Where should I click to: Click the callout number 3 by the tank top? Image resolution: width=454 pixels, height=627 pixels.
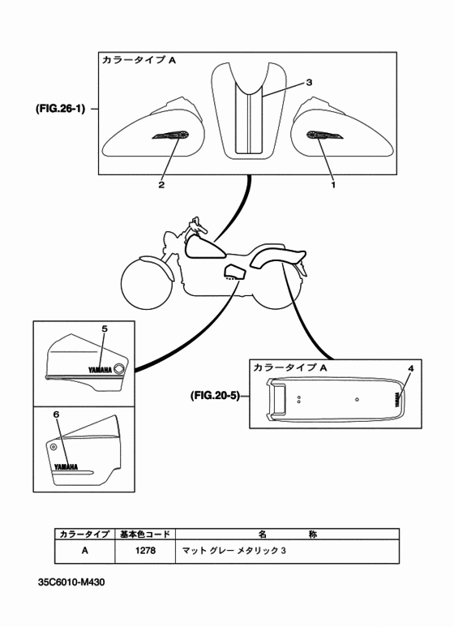[x=309, y=83]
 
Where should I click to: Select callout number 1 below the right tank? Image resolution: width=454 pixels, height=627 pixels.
[x=333, y=185]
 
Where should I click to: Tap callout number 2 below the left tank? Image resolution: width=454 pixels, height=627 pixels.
[x=161, y=185]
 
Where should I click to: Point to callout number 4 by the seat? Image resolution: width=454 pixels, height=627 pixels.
[x=411, y=369]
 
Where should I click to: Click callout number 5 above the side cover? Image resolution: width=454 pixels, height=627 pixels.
[x=105, y=329]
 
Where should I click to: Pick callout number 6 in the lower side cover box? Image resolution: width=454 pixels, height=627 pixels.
[x=57, y=414]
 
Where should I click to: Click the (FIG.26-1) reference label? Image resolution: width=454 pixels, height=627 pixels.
[x=60, y=109]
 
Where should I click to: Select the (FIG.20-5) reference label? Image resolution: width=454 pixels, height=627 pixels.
[x=215, y=396]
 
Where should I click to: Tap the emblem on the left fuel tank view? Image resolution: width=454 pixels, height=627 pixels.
[x=170, y=135]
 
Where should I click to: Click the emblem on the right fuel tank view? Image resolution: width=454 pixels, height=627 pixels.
[x=325, y=135]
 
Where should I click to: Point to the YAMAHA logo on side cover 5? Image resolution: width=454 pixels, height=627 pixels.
[x=100, y=371]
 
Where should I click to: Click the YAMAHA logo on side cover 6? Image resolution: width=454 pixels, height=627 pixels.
[x=66, y=466]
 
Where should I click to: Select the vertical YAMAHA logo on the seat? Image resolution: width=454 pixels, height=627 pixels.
[x=398, y=399]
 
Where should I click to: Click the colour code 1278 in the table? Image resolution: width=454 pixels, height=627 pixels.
[x=145, y=551]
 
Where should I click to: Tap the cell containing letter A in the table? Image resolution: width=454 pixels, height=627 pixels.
[x=85, y=551]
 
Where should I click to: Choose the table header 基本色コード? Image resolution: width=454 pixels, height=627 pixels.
[x=145, y=534]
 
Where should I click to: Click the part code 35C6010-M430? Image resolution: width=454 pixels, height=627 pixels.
[x=71, y=582]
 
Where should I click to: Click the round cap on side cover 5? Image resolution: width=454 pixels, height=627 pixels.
[x=119, y=369]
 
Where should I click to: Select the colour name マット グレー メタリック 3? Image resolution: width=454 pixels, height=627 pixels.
[x=234, y=551]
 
